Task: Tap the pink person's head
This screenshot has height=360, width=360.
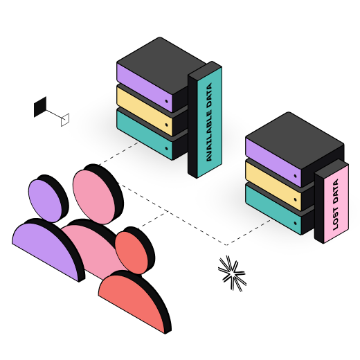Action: (x=93, y=197)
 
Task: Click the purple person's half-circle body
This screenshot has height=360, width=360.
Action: (x=47, y=251)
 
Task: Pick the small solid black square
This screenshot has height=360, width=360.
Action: (x=40, y=107)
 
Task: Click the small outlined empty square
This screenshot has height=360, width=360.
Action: (x=65, y=120)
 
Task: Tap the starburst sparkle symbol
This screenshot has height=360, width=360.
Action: (x=232, y=273)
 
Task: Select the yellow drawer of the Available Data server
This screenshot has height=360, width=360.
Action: (x=145, y=111)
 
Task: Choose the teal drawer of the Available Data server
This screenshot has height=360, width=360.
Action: (x=145, y=135)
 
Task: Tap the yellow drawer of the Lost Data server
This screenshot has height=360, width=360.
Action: (x=273, y=186)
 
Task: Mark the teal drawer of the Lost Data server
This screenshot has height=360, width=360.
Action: (x=273, y=210)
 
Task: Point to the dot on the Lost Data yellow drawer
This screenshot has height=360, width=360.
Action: (x=295, y=199)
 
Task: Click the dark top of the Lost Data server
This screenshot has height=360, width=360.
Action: (x=295, y=141)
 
